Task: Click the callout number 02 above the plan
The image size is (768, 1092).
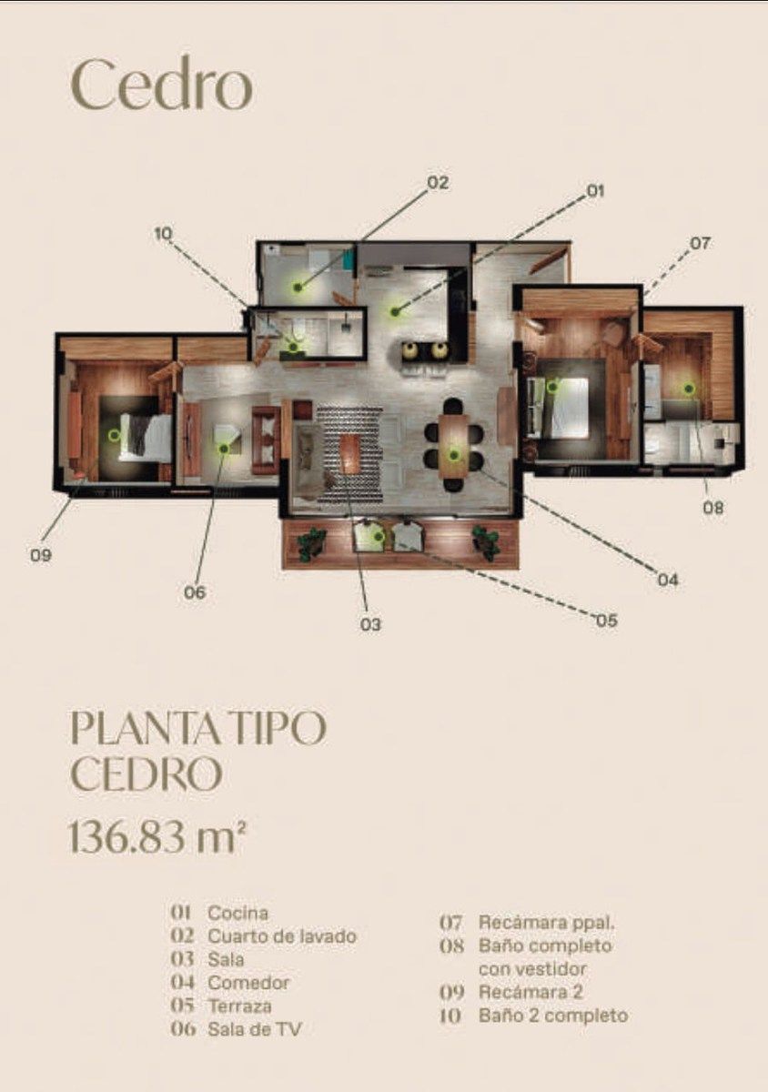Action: coord(438,183)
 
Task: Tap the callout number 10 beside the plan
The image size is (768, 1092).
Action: coord(164,234)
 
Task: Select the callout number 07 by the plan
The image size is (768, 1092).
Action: coord(700,243)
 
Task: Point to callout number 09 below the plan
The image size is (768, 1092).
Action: coord(41,555)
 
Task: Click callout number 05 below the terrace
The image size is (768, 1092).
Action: coord(607,621)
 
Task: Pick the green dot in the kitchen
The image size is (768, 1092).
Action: coord(395,310)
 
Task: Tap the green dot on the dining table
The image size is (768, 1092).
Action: coord(454,455)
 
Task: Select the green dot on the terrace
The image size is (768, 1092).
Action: coord(377,537)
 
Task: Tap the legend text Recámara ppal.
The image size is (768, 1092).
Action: coord(547,923)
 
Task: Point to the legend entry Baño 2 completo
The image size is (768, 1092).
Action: coord(553,1016)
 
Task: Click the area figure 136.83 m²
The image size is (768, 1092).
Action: coord(157,838)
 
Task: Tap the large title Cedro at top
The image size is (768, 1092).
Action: coord(162,86)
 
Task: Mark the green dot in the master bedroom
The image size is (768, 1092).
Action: coord(552,387)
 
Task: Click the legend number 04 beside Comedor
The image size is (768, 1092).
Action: coord(182,982)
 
